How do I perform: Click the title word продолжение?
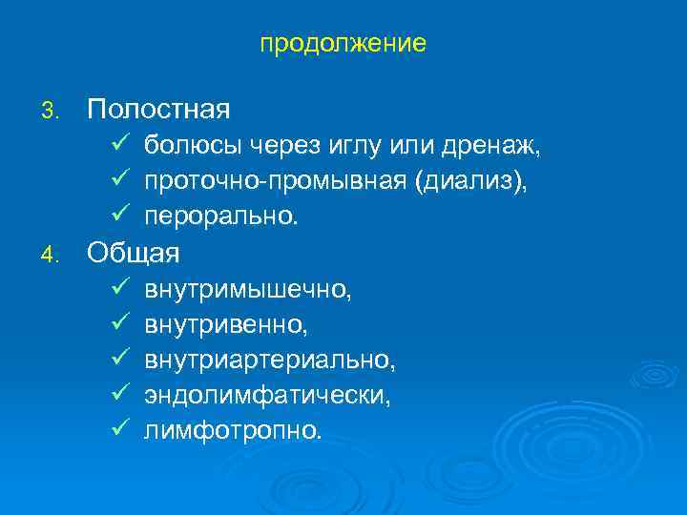(x=343, y=44)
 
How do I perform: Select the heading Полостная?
(x=158, y=109)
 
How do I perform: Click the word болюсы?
(x=194, y=146)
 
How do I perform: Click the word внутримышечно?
(x=248, y=290)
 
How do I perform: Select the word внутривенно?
(x=226, y=326)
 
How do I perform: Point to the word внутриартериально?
(x=269, y=361)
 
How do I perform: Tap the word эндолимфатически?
(x=267, y=397)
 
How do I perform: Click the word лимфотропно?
(x=233, y=432)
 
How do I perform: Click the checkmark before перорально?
(x=118, y=217)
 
